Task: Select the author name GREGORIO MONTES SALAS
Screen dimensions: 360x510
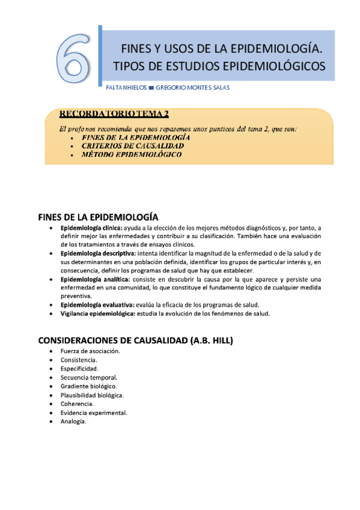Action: click(x=192, y=87)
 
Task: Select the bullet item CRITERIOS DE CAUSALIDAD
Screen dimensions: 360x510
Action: click(x=133, y=146)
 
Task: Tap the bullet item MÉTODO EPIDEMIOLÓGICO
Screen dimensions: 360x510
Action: click(x=132, y=155)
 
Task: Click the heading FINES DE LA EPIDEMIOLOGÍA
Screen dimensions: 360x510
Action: click(x=98, y=217)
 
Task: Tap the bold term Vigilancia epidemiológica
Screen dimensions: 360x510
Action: click(x=98, y=314)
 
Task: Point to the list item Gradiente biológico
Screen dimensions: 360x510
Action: click(x=89, y=386)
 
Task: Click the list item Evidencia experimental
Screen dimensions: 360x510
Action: click(x=94, y=413)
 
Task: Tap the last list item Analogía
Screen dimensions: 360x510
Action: click(x=74, y=422)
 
